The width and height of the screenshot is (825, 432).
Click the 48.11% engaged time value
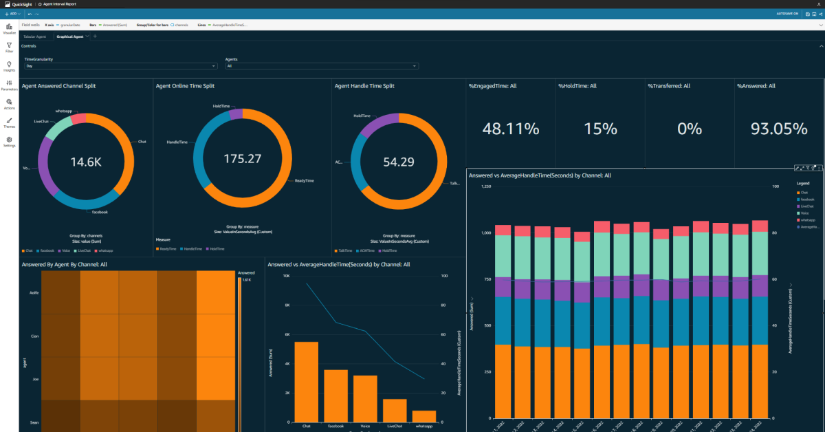coord(510,129)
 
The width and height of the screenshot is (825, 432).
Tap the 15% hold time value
coord(600,129)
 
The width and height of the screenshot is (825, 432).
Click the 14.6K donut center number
coord(87,162)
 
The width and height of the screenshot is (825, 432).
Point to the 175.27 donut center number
coord(243,158)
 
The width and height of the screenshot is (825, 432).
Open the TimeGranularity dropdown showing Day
coord(120,66)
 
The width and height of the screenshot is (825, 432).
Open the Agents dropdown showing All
coord(321,66)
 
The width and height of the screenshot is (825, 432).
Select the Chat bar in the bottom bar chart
coord(306,382)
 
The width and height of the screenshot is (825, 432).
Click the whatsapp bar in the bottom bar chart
coord(424,416)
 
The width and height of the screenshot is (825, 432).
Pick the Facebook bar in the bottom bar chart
coord(335,396)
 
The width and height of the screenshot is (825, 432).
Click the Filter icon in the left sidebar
coord(9,47)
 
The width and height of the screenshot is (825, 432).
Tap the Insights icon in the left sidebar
coord(9,65)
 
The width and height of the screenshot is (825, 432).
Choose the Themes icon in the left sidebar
coord(9,122)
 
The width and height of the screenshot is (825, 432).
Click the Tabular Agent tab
coord(34,36)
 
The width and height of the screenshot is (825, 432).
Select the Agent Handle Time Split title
coord(364,86)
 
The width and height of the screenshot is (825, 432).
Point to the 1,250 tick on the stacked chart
coord(486,186)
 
